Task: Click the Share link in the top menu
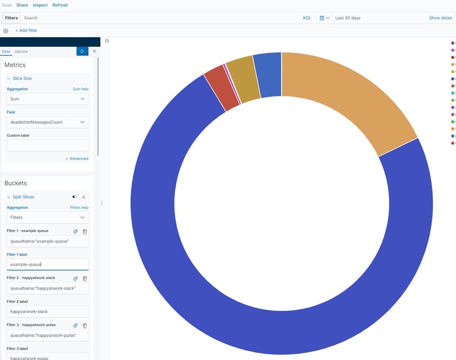click(x=22, y=5)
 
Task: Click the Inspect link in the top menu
click(x=40, y=5)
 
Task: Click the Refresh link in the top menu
click(x=60, y=5)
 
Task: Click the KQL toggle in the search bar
click(x=307, y=18)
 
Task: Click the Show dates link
click(x=440, y=18)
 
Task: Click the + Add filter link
click(x=26, y=30)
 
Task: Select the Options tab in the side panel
click(x=21, y=51)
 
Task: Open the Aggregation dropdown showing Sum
click(x=47, y=99)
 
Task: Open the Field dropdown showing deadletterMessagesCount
click(x=47, y=122)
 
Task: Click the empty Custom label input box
click(x=47, y=145)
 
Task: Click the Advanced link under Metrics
click(x=79, y=159)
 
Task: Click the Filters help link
click(x=79, y=208)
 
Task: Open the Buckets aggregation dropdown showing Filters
click(x=47, y=217)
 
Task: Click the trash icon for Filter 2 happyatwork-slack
click(x=85, y=278)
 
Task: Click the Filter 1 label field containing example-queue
click(x=47, y=264)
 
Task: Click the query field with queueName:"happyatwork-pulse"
click(x=47, y=335)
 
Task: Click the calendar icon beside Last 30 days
click(x=322, y=18)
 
